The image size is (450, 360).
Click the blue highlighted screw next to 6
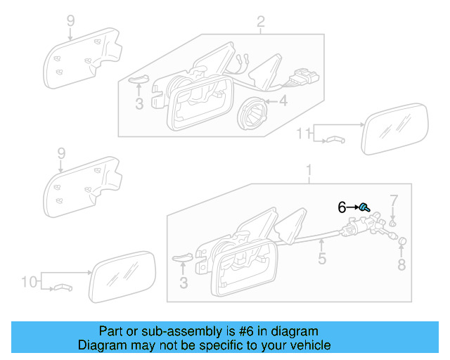click(x=365, y=207)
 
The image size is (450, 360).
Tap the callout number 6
click(x=342, y=207)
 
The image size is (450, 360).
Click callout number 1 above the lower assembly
click(x=307, y=170)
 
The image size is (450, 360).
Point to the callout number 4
click(x=283, y=102)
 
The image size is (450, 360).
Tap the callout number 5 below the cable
click(x=321, y=259)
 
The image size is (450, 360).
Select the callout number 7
click(x=394, y=200)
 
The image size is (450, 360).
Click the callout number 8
click(x=401, y=265)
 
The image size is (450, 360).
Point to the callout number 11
click(x=302, y=133)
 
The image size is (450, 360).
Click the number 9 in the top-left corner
click(x=70, y=21)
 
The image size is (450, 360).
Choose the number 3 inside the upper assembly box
click(x=139, y=103)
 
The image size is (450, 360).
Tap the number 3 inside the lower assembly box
click(x=184, y=283)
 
